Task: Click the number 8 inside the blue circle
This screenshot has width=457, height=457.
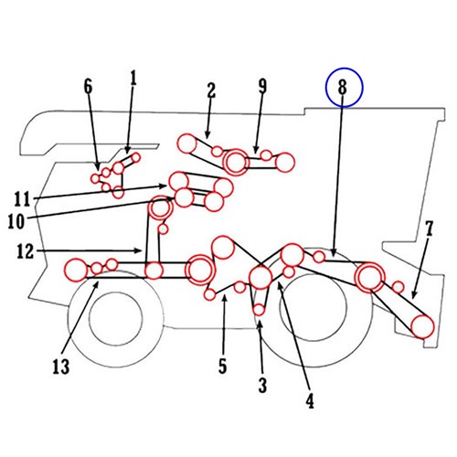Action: [343, 87]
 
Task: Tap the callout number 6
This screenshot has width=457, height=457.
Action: [88, 87]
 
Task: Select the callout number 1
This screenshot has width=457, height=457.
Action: [133, 79]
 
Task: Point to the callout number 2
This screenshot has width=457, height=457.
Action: [211, 90]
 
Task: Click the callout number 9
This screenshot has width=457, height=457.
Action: [262, 87]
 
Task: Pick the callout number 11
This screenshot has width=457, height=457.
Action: [23, 199]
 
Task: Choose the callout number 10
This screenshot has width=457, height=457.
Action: [16, 221]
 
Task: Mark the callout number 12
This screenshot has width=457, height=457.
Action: [26, 251]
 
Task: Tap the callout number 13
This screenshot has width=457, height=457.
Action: [61, 367]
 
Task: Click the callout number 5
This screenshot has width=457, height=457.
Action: [223, 366]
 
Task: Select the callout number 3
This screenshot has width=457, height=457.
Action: [262, 386]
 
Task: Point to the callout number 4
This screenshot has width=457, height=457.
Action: [310, 400]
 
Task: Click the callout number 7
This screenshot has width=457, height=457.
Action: [429, 228]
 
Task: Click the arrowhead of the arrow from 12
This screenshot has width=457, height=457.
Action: [140, 250]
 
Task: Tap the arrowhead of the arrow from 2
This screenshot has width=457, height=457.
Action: [207, 135]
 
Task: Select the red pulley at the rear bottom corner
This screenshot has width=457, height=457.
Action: [422, 326]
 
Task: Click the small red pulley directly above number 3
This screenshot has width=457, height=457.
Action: [259, 310]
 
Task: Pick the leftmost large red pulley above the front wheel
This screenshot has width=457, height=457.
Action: [76, 270]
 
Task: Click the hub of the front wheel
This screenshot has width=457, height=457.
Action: [116, 319]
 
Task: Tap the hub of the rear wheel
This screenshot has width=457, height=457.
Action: [313, 307]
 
